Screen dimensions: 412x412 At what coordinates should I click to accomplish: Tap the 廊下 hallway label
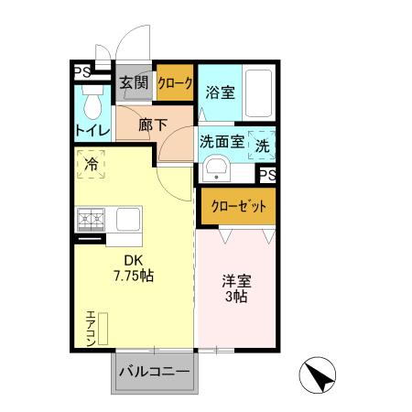pos(153,125)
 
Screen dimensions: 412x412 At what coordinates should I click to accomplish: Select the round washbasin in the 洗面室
pos(217,168)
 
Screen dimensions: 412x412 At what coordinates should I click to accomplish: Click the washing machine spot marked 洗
pos(262,145)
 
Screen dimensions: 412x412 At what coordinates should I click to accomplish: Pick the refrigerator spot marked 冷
pos(92,166)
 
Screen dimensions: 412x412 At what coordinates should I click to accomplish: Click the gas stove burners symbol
pos(92,220)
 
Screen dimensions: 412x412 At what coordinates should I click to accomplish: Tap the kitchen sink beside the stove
pos(126,220)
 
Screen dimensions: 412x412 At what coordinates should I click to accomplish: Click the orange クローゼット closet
pos(237,206)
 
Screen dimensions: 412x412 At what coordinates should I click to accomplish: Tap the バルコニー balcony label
pos(153,373)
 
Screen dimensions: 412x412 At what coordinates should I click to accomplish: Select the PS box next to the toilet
pos(80,71)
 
